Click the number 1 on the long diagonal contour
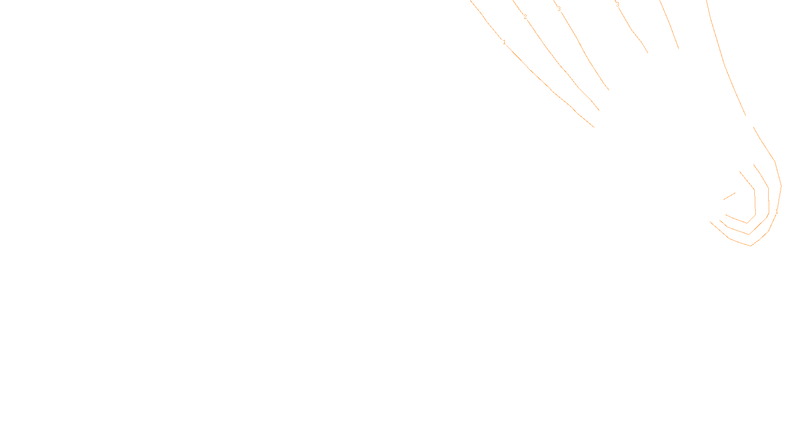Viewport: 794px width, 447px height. [x=504, y=42]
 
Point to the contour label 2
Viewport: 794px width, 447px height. [x=525, y=17]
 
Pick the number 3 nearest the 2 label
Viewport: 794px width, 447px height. [x=559, y=9]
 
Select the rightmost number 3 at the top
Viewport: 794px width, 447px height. [x=617, y=4]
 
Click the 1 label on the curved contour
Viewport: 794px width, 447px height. [x=777, y=212]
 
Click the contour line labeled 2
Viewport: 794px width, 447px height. [x=561, y=65]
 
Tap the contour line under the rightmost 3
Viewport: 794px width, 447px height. [x=633, y=31]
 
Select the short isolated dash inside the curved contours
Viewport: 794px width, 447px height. [x=729, y=196]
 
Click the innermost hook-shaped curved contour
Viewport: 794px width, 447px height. [x=755, y=204]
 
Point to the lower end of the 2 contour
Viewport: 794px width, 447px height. [x=598, y=110]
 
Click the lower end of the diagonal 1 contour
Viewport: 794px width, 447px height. [x=594, y=127]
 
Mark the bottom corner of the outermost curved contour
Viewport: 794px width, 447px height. [x=751, y=245]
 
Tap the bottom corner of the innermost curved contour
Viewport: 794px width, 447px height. [x=747, y=223]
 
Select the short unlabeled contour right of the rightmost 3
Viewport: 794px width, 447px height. [x=670, y=25]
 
